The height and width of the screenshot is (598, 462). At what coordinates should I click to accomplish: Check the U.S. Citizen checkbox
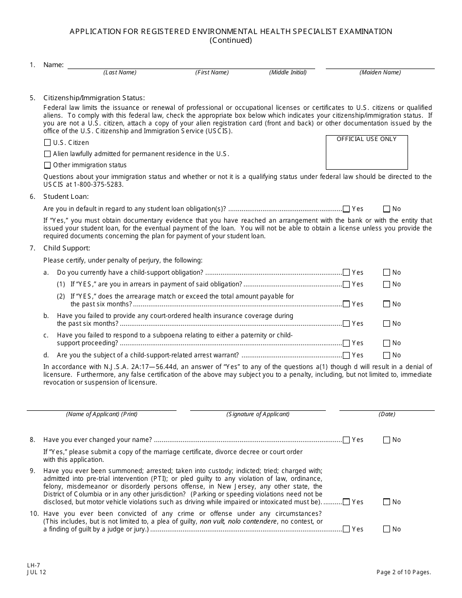click(x=47, y=143)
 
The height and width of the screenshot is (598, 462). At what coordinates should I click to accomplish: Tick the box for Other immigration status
click(x=47, y=165)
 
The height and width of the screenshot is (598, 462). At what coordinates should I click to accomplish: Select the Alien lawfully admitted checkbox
click(x=47, y=154)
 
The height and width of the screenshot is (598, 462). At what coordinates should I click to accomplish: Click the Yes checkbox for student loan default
click(x=346, y=209)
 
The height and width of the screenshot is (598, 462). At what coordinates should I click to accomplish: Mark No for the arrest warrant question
click(x=387, y=355)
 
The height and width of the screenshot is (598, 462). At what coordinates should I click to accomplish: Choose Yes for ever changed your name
click(x=346, y=440)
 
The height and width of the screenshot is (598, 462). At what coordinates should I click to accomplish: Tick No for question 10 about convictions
click(x=387, y=529)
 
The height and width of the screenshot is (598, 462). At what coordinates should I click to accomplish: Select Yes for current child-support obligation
click(x=346, y=273)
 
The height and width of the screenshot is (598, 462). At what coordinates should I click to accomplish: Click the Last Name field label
click(x=120, y=72)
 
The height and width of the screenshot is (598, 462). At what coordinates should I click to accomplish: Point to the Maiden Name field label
click(x=380, y=72)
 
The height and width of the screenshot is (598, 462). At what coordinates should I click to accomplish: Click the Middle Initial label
click(x=288, y=72)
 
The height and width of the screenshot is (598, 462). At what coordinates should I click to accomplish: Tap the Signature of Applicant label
click(x=258, y=414)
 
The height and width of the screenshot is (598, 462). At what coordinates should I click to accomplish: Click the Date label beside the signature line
click(x=387, y=414)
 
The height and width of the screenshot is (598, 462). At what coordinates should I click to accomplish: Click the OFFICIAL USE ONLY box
click(x=367, y=152)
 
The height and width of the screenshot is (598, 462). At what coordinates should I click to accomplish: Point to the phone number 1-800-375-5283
click(x=99, y=185)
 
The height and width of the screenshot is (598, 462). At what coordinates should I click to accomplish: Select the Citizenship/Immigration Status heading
click(x=94, y=98)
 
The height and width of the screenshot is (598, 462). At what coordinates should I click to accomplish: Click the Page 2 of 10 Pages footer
click(x=404, y=572)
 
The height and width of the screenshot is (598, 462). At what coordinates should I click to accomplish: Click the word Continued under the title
click(x=231, y=40)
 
